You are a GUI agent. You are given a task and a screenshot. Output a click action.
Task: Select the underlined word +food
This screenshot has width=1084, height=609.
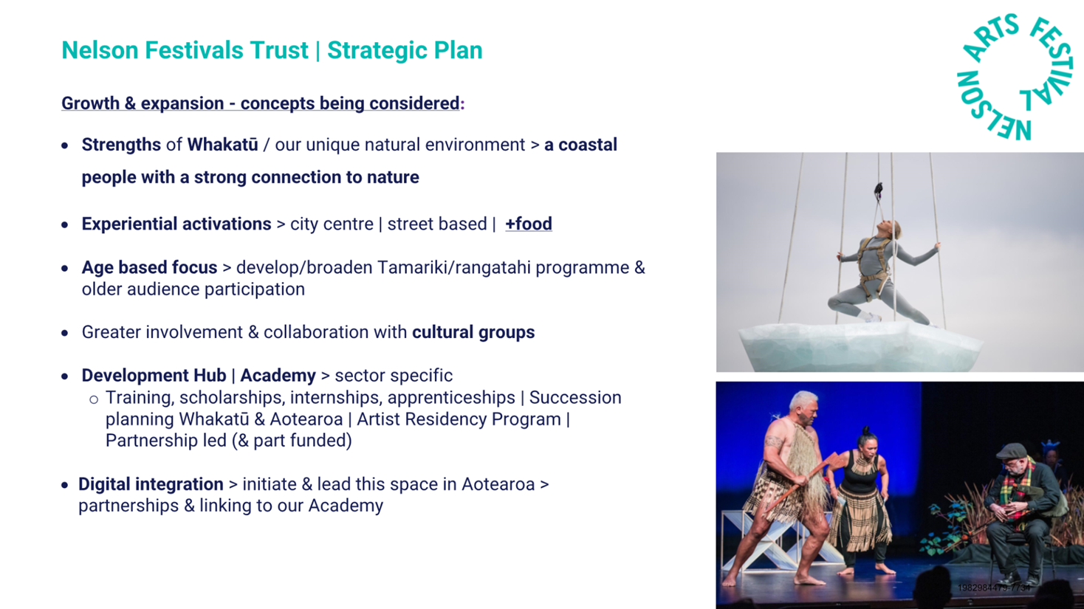(x=529, y=224)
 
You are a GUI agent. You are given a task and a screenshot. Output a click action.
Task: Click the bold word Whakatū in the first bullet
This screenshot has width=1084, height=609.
(x=222, y=145)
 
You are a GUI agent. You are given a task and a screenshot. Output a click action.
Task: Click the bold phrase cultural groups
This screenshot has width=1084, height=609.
(x=473, y=332)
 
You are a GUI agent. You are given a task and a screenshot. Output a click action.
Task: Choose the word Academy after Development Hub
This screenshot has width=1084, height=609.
(x=278, y=375)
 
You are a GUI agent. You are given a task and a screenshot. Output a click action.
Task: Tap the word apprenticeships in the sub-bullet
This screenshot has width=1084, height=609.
(x=451, y=398)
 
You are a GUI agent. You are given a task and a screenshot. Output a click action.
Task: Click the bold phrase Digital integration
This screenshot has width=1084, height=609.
(x=151, y=484)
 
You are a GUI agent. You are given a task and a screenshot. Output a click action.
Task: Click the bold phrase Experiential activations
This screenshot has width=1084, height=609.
(x=176, y=224)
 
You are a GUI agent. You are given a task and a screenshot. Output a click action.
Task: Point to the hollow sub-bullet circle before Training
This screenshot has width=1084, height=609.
(x=94, y=399)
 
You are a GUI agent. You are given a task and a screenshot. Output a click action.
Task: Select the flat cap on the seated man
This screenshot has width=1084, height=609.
(x=1012, y=451)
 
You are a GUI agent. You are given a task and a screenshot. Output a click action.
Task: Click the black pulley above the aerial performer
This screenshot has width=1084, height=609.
(x=879, y=191)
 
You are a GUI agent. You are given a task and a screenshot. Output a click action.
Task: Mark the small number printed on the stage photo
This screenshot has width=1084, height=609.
(x=994, y=588)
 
